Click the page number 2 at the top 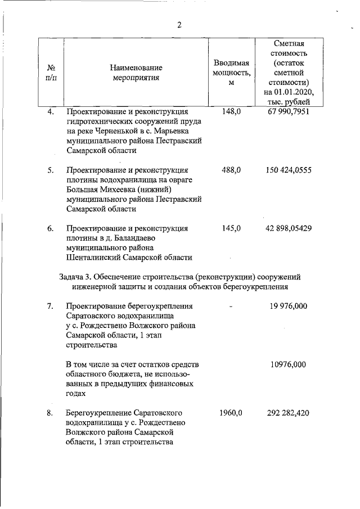pos(179,24)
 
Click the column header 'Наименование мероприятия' pos(136,73)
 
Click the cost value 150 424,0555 pos(288,170)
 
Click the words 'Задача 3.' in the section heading pos(75,277)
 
